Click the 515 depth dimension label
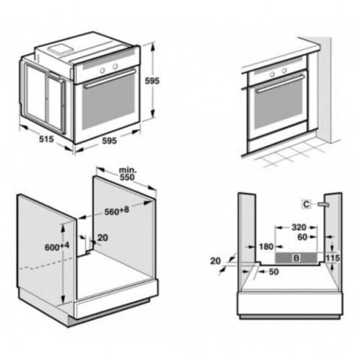tap(47, 139)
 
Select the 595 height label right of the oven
tap(152, 81)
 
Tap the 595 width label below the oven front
tap(109, 141)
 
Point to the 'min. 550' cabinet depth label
tap(127, 174)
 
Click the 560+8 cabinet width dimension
tap(117, 211)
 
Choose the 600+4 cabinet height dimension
tap(57, 246)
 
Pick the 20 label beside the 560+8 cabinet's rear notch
tap(103, 238)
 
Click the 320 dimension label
tap(299, 227)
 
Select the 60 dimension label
tap(302, 237)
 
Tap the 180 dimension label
tap(266, 246)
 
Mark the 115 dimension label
tap(333, 258)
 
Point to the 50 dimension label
tap(274, 271)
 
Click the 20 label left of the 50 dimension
tap(215, 261)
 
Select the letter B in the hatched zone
tap(297, 258)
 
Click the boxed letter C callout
tap(306, 204)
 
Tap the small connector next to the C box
tap(323, 204)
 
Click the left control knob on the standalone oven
tap(102, 70)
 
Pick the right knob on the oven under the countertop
tap(284, 71)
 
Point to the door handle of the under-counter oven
tap(280, 84)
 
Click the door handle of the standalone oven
tap(110, 79)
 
